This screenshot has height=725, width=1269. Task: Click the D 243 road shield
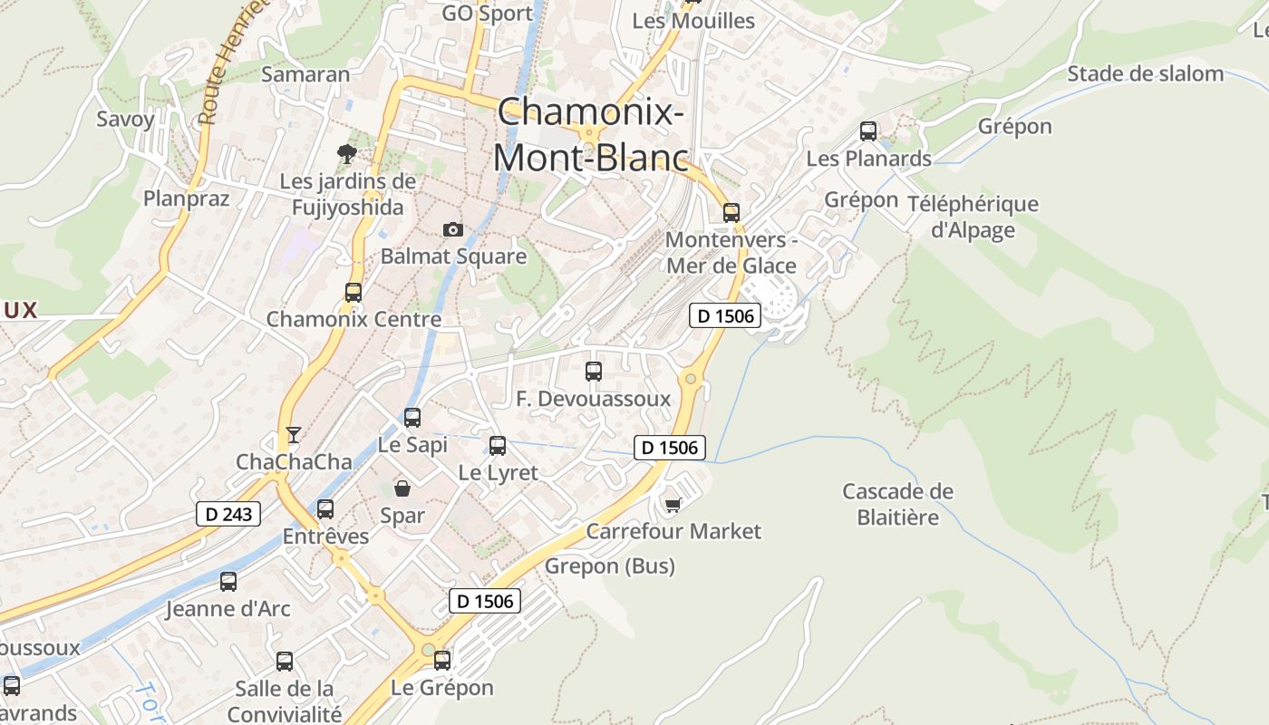pyautogui.click(x=228, y=514)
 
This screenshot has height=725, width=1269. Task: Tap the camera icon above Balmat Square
pyautogui.click(x=452, y=230)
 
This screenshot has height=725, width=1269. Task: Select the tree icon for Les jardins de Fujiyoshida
pyautogui.click(x=346, y=153)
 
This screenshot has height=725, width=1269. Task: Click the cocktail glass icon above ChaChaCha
pyautogui.click(x=293, y=435)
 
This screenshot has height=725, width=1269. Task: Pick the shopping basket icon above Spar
pyautogui.click(x=402, y=488)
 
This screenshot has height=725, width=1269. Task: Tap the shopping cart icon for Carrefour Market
pyautogui.click(x=673, y=504)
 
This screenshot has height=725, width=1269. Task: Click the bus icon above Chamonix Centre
pyautogui.click(x=354, y=292)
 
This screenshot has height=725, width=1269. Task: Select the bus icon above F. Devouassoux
pyautogui.click(x=594, y=371)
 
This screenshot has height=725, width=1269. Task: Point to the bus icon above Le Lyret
pyautogui.click(x=498, y=445)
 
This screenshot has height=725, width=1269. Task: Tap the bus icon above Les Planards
pyautogui.click(x=868, y=131)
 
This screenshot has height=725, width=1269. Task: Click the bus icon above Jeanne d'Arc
pyautogui.click(x=228, y=581)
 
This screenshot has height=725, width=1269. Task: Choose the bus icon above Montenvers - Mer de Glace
pyautogui.click(x=731, y=213)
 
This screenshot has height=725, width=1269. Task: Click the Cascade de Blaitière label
pyautogui.click(x=897, y=504)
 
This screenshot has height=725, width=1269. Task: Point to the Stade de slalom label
pyautogui.click(x=1145, y=73)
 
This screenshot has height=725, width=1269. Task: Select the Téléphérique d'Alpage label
pyautogui.click(x=973, y=217)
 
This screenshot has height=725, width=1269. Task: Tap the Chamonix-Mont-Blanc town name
pyautogui.click(x=590, y=134)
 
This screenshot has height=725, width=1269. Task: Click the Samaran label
pyautogui.click(x=305, y=74)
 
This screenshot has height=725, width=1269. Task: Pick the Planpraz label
pyautogui.click(x=187, y=198)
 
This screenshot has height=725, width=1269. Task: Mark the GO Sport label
pyautogui.click(x=488, y=14)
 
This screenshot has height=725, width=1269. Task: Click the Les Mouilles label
pyautogui.click(x=693, y=20)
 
